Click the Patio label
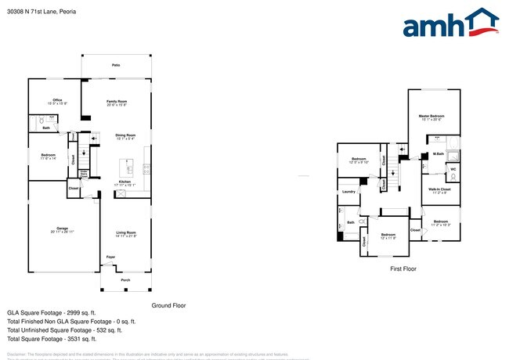[115, 65]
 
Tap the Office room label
[57, 99]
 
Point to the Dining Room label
[126, 135]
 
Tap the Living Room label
[127, 232]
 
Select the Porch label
[125, 279]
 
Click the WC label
[453, 169]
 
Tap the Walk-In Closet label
[439, 189]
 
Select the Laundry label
[348, 192]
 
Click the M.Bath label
[438, 154]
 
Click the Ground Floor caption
[168, 305]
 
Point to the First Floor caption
[403, 268]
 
